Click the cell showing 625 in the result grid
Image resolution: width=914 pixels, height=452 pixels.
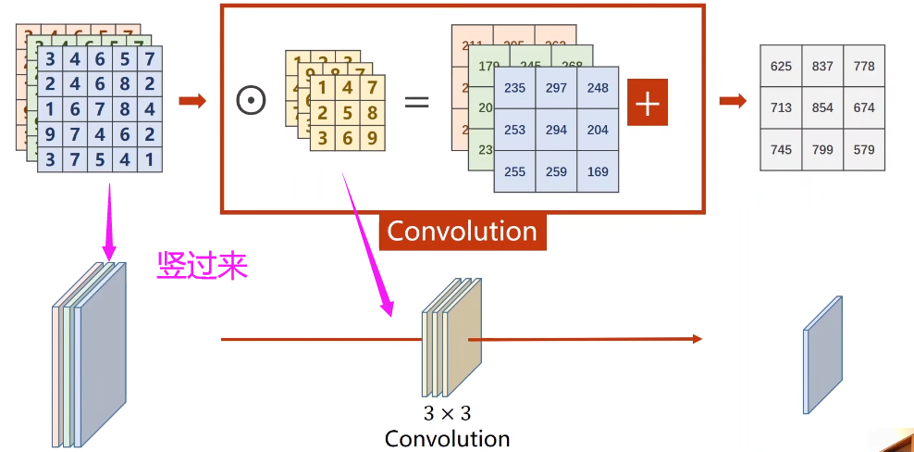pyautogui.click(x=781, y=66)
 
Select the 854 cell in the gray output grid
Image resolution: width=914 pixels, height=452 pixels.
pyautogui.click(x=822, y=107)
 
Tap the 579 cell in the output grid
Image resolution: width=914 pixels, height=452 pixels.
pyautogui.click(x=864, y=149)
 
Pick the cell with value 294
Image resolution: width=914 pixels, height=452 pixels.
pyautogui.click(x=556, y=130)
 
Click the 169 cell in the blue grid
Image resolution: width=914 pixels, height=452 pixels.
pyautogui.click(x=598, y=171)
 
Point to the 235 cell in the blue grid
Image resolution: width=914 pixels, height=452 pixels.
pyautogui.click(x=514, y=88)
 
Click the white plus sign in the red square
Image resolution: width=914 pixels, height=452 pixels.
pyautogui.click(x=648, y=103)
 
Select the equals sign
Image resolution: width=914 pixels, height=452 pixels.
pyautogui.click(x=417, y=101)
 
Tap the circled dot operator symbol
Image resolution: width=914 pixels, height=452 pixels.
pyautogui.click(x=251, y=101)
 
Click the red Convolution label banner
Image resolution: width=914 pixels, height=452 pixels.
pyautogui.click(x=463, y=231)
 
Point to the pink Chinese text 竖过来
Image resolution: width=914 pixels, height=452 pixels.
pyautogui.click(x=202, y=266)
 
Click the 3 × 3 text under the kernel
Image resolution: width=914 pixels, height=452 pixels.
pyautogui.click(x=447, y=413)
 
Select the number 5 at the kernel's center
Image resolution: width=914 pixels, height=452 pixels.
pyautogui.click(x=346, y=114)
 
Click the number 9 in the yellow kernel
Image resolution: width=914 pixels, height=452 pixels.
pyautogui.click(x=372, y=139)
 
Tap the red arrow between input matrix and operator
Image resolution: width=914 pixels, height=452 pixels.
pyautogui.click(x=191, y=101)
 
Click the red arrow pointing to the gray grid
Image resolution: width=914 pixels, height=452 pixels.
pyautogui.click(x=733, y=101)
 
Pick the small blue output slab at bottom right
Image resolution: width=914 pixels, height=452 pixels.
pyautogui.click(x=823, y=354)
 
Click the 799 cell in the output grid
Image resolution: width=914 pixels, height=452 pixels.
pyautogui.click(x=822, y=149)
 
